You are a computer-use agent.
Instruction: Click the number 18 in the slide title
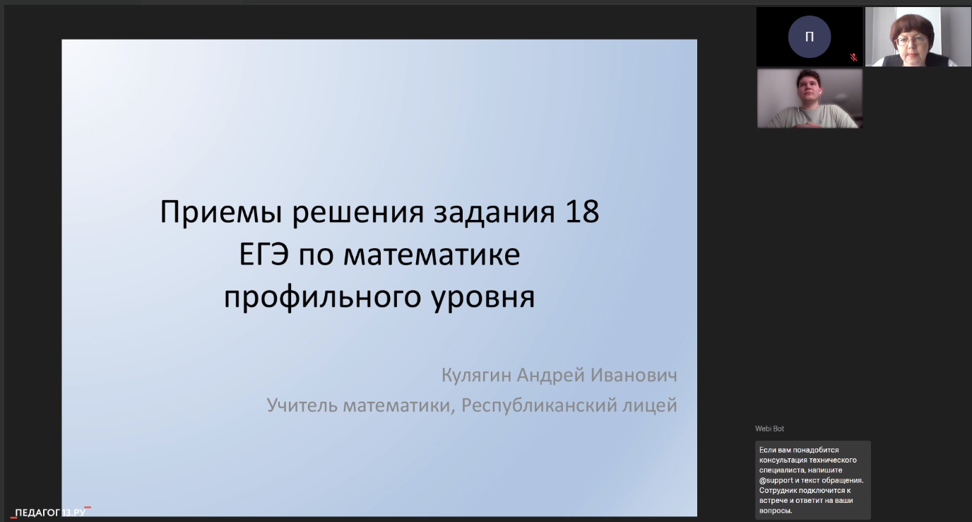click(x=582, y=211)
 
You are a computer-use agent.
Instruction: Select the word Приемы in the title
click(x=221, y=213)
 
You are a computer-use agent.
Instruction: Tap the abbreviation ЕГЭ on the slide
click(x=263, y=254)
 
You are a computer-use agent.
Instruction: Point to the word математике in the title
click(x=432, y=255)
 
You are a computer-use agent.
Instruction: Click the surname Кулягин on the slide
click(x=476, y=376)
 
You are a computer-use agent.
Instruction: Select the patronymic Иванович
click(x=634, y=375)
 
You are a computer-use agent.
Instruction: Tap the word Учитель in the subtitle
click(x=302, y=405)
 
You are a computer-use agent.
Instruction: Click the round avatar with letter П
click(x=810, y=37)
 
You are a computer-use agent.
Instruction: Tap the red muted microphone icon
click(x=853, y=57)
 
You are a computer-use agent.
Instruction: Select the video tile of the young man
click(x=810, y=98)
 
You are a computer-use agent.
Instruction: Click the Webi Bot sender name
click(x=769, y=429)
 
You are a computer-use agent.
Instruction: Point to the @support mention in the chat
click(x=776, y=480)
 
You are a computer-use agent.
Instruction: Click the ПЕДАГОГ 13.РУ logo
click(x=51, y=512)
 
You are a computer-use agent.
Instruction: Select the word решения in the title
click(x=357, y=213)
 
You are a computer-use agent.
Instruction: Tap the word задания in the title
click(x=494, y=212)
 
